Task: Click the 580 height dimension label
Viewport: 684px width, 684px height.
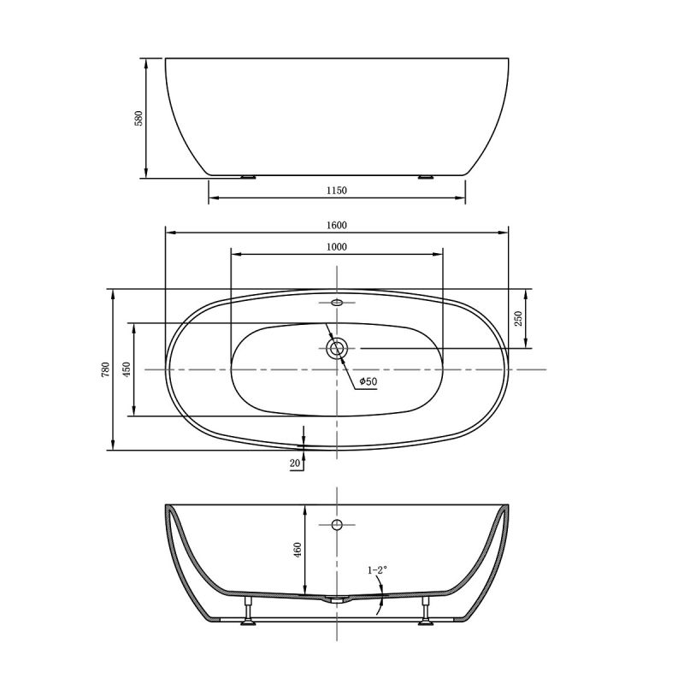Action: click(138, 118)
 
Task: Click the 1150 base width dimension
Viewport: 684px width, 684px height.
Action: click(336, 190)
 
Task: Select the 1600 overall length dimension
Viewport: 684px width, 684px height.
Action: click(336, 225)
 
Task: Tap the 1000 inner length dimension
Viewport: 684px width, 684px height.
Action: click(336, 246)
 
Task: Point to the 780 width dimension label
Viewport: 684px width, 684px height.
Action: click(105, 369)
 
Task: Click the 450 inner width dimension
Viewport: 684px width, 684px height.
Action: click(126, 369)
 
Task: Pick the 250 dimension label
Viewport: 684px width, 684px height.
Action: click(518, 318)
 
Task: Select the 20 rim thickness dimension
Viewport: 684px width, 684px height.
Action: click(295, 463)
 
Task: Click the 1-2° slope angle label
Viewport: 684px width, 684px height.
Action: click(377, 569)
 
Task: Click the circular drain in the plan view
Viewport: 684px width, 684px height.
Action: click(336, 348)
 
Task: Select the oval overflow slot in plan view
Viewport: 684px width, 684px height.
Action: click(336, 302)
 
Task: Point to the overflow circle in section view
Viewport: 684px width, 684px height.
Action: click(336, 524)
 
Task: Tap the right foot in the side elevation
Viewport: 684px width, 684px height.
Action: click(425, 177)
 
